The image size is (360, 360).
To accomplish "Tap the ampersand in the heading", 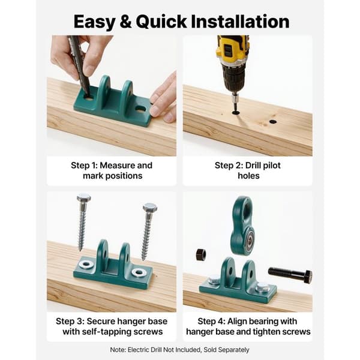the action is [x=125, y=22].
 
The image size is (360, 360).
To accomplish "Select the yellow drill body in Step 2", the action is [x=232, y=49].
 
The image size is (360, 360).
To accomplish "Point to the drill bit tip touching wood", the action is [x=236, y=112].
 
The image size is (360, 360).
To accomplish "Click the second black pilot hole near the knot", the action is [x=272, y=122].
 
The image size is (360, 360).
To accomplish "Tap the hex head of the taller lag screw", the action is [x=84, y=198].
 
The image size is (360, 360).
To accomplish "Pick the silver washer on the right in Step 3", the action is [x=139, y=272].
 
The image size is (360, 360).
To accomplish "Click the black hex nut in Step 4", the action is [x=201, y=254].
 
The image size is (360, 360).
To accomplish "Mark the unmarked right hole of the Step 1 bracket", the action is [x=140, y=108].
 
